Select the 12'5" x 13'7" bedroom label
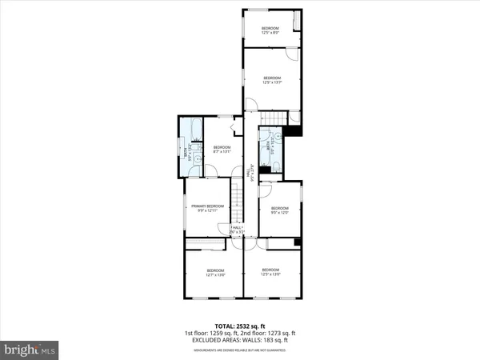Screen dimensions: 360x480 click(273, 80)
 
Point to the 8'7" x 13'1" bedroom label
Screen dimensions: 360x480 click(222, 150)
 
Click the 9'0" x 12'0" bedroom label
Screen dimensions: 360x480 click(278, 210)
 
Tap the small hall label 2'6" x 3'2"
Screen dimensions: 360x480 click(238, 230)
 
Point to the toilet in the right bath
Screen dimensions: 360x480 click(273, 166)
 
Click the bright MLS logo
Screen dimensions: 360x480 click(30, 350)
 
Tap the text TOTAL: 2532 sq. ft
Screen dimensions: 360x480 click(239, 324)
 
